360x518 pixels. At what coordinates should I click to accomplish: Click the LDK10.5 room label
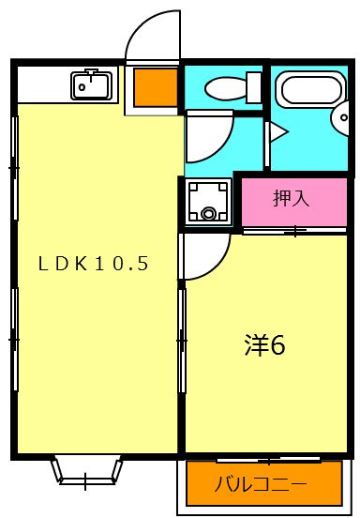(x=93, y=264)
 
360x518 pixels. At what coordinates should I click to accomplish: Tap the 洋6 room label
(x=264, y=344)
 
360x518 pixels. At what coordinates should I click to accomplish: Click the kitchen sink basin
(x=91, y=85)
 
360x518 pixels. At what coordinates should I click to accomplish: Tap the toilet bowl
(x=225, y=88)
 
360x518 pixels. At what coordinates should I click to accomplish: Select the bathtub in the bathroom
(x=311, y=91)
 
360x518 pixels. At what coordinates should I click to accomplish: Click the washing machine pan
(x=206, y=201)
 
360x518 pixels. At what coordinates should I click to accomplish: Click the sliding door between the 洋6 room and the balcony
(x=267, y=459)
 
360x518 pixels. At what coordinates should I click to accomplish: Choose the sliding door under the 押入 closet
(x=293, y=230)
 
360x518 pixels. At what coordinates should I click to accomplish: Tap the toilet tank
(x=252, y=87)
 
